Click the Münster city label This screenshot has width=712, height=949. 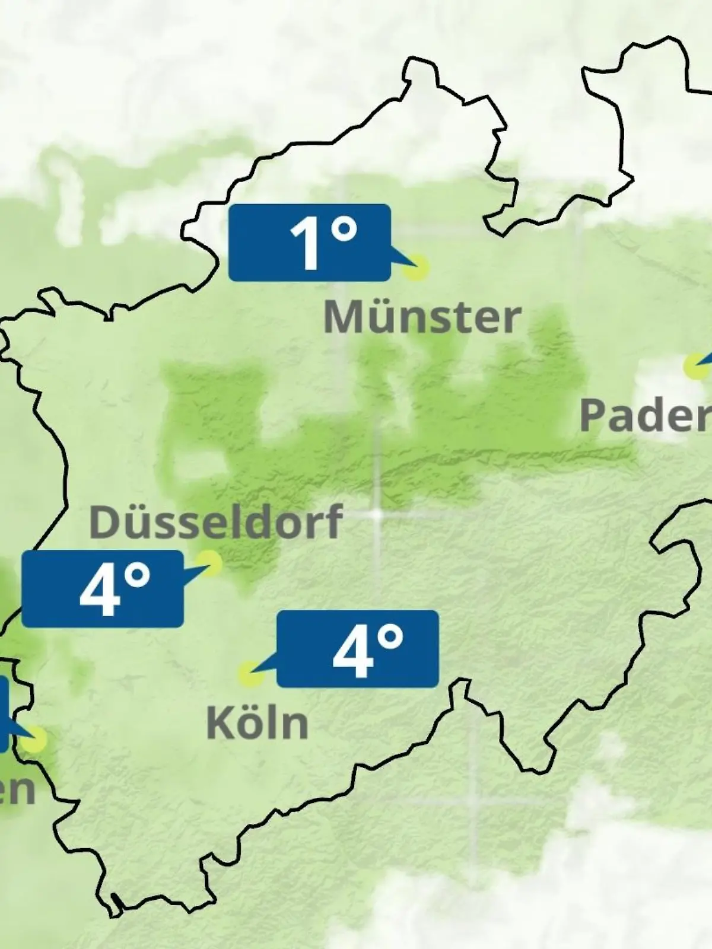[422, 317]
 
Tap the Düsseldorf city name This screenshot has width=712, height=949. [216, 522]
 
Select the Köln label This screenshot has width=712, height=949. [258, 722]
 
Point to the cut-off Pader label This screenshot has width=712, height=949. [646, 415]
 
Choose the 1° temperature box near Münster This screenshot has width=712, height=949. [310, 242]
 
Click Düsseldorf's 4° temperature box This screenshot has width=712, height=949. [103, 588]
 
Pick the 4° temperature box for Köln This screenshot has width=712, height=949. [358, 648]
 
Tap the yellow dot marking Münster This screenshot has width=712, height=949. [416, 268]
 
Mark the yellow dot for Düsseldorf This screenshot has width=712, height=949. [210, 562]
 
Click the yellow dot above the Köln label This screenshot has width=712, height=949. [250, 675]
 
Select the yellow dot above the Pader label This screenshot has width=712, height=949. [695, 366]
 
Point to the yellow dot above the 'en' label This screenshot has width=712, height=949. [34, 739]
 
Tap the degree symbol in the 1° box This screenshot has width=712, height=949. [344, 230]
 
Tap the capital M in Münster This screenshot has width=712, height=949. [342, 317]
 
